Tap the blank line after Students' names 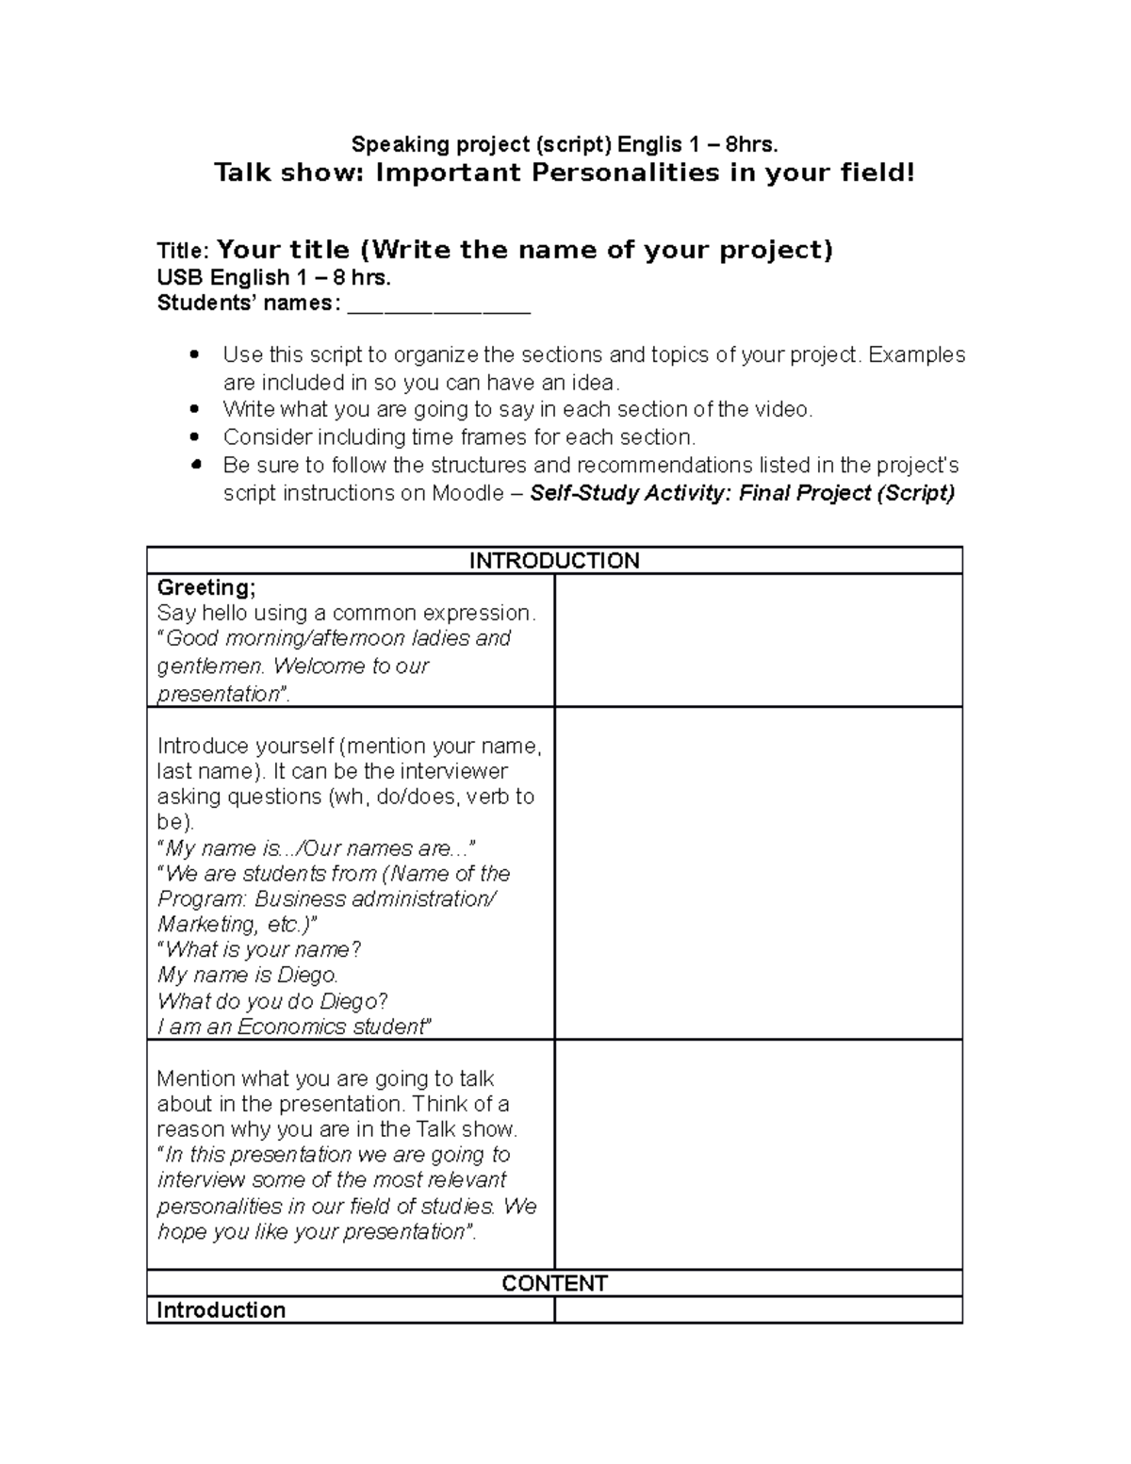(439, 304)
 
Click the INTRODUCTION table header (554, 561)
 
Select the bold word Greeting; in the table (205, 587)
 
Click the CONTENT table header (554, 1283)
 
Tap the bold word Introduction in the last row (221, 1309)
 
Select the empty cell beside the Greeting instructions (758, 640)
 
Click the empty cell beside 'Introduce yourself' (758, 873)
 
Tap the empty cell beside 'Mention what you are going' (758, 1154)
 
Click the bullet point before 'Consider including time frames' (195, 437)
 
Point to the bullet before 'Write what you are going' (195, 409)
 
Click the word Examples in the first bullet (916, 354)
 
